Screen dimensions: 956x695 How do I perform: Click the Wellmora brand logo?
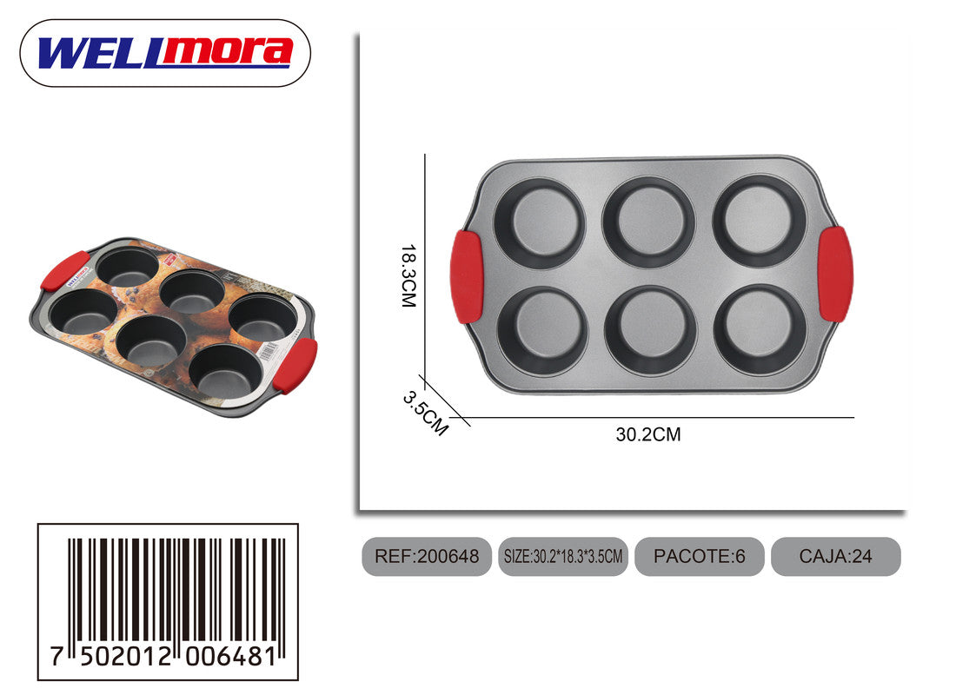(x=165, y=53)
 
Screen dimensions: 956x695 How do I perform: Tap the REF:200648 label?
(x=427, y=557)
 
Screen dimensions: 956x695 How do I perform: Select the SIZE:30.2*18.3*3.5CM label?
(x=563, y=557)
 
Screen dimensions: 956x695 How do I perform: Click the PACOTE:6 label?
(x=700, y=557)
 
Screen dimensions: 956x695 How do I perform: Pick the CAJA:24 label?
(x=836, y=557)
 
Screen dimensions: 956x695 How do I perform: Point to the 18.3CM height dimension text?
(x=408, y=275)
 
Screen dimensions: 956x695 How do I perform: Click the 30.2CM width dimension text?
(x=648, y=434)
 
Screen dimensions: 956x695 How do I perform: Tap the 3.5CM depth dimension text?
(x=426, y=414)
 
